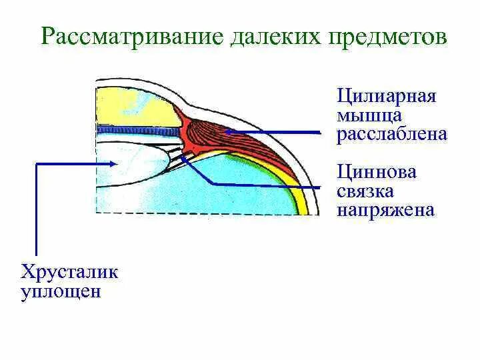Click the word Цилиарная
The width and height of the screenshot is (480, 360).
pyautogui.click(x=387, y=96)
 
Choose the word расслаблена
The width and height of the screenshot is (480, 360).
pyautogui.click(x=391, y=135)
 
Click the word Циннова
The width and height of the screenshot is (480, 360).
pyautogui.click(x=377, y=172)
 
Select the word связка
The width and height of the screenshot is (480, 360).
pyautogui.click(x=366, y=191)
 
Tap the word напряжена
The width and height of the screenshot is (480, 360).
pyautogui.click(x=386, y=211)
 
